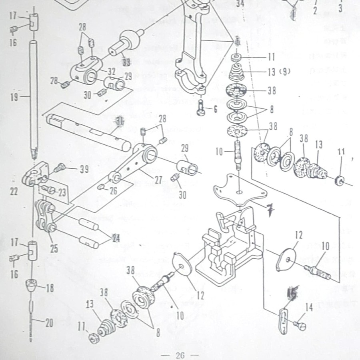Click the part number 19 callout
click(15, 97)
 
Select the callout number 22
click(14, 192)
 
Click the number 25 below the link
click(54, 249)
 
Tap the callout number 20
click(49, 323)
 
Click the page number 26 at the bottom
click(180, 355)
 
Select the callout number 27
click(158, 181)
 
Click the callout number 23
click(62, 192)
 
